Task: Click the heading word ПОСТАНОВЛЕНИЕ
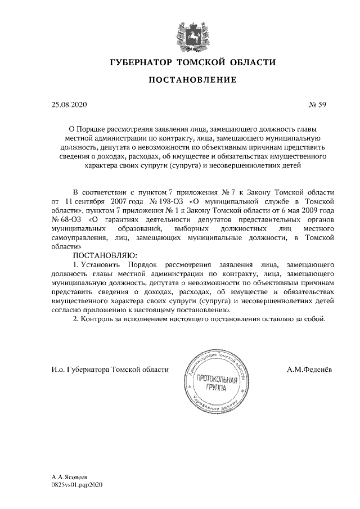point(192,80)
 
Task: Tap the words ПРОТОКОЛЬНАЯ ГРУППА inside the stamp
point(212,384)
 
